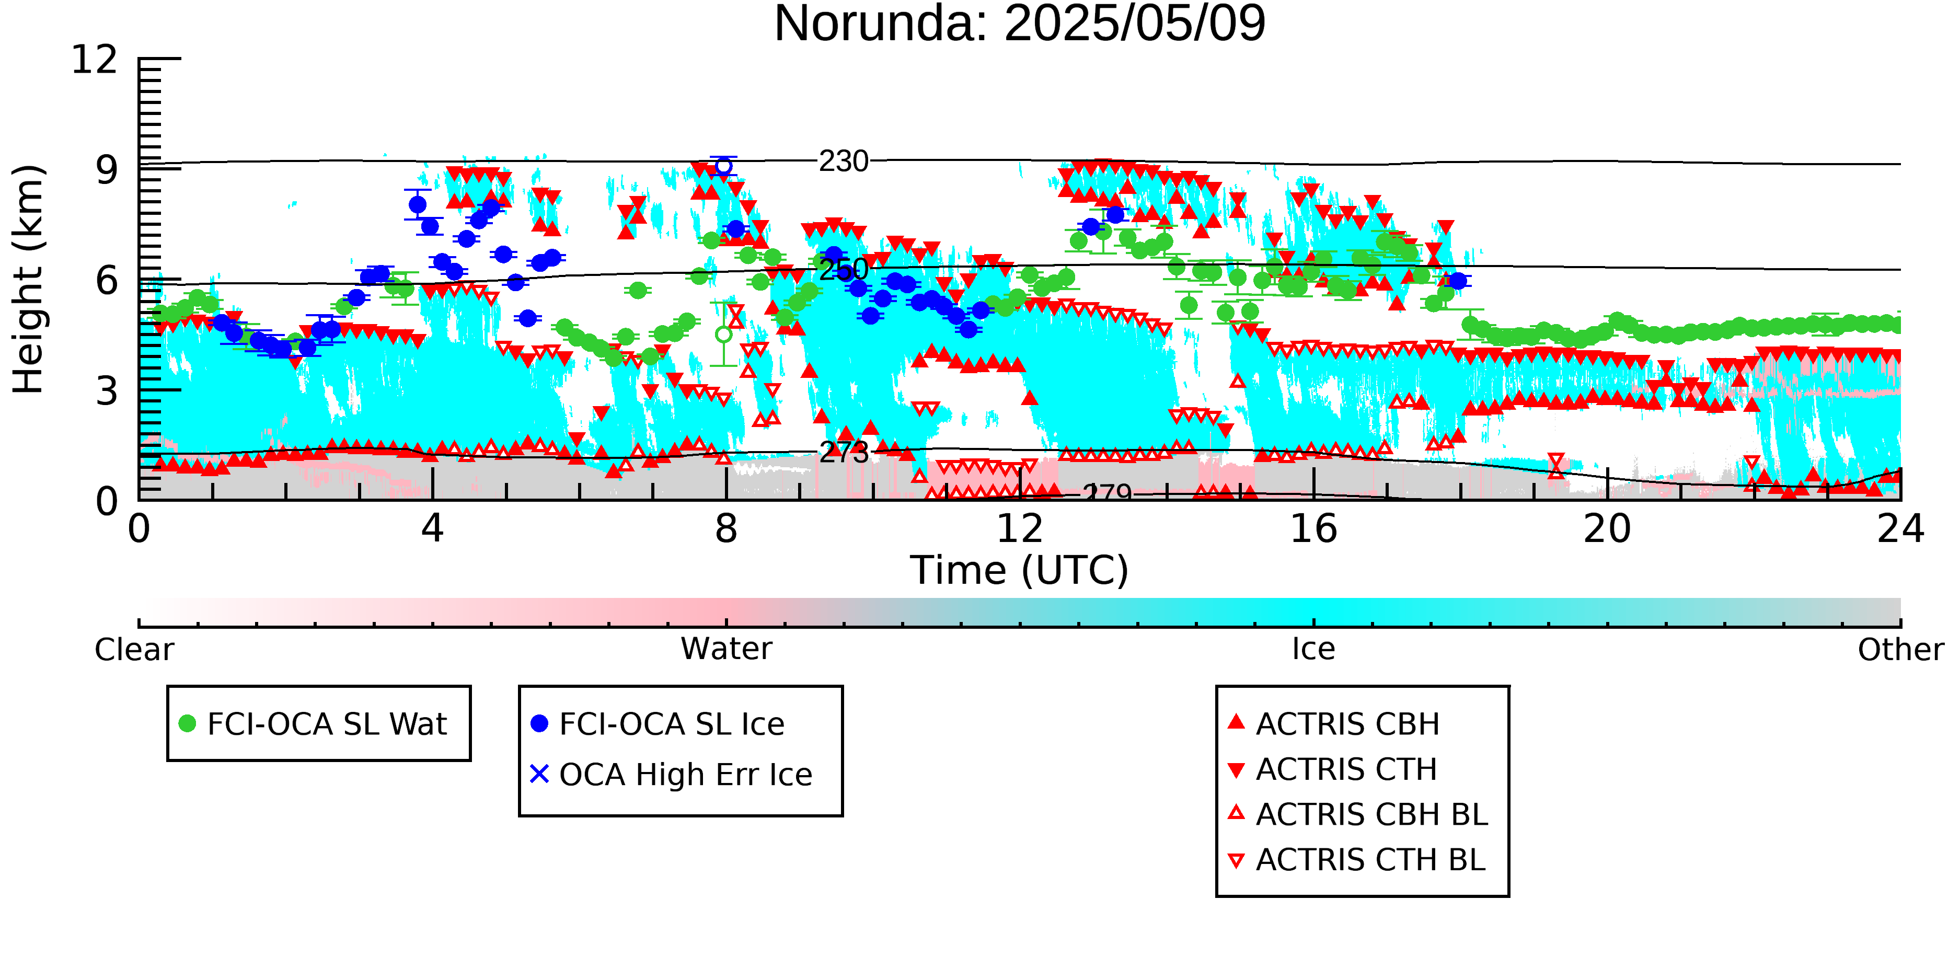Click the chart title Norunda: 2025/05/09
[1020, 23]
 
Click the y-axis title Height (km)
[28, 279]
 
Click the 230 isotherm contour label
[843, 162]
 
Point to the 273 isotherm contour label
[843, 452]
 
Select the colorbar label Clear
[134, 650]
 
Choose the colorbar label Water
[726, 649]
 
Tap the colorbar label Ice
[1313, 649]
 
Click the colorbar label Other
[1900, 650]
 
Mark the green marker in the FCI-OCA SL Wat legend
[187, 723]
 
